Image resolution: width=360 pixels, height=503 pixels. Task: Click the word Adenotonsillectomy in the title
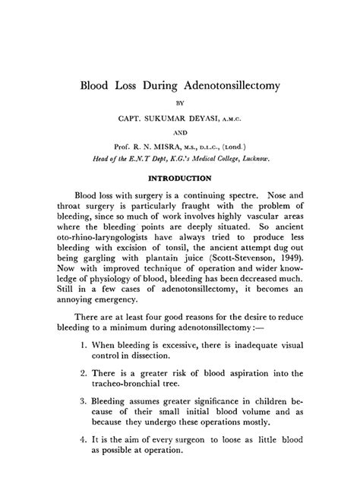click(226, 84)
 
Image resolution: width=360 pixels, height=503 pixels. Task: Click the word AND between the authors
click(180, 133)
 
